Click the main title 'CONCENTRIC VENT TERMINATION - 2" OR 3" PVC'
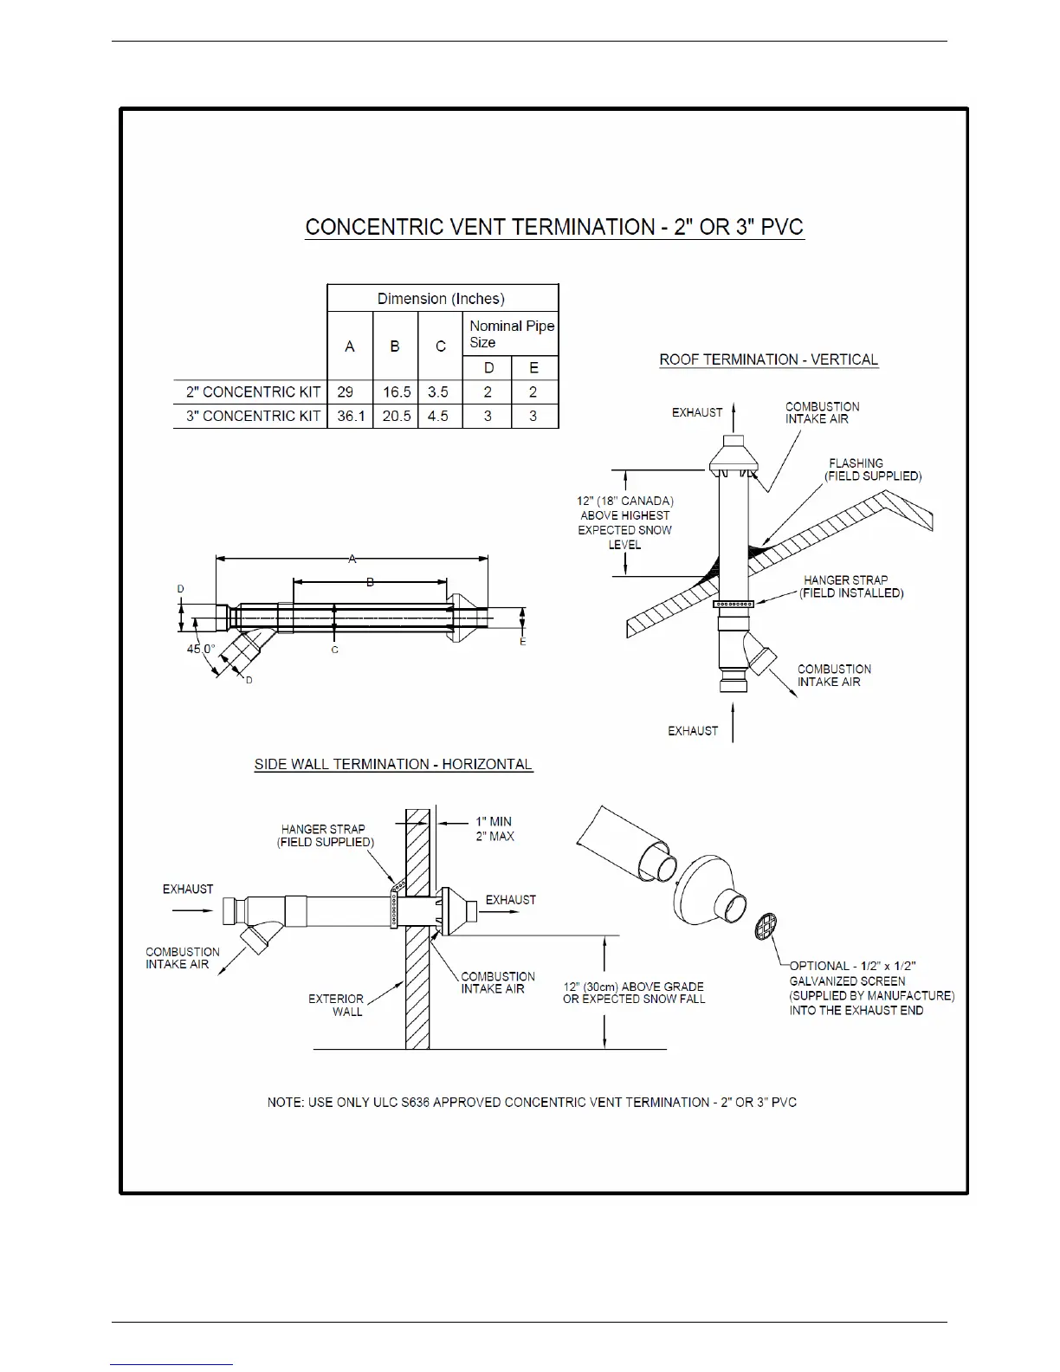point(554,228)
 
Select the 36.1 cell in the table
point(350,416)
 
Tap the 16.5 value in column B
point(397,392)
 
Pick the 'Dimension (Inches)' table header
point(441,299)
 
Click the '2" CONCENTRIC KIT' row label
point(253,392)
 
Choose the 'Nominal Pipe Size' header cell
point(511,333)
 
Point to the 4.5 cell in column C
point(438,416)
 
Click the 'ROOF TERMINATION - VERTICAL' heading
point(768,359)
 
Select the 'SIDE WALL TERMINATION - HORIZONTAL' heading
point(393,764)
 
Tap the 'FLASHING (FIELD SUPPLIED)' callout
point(872,469)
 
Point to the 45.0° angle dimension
point(200,649)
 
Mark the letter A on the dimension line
point(352,560)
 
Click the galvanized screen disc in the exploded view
point(766,927)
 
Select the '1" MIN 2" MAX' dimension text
point(494,829)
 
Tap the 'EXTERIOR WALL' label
point(336,1005)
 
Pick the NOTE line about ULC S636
point(532,1102)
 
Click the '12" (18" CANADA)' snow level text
point(624,501)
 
